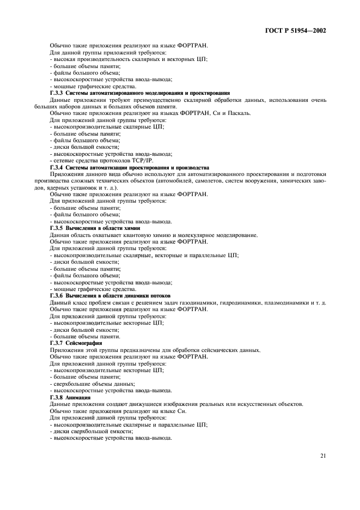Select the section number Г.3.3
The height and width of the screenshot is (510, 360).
[x=58, y=93]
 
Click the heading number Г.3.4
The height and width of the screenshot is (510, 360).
[x=58, y=168]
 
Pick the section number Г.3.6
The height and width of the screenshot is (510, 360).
[x=58, y=295]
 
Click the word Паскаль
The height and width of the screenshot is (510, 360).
[x=239, y=113]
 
